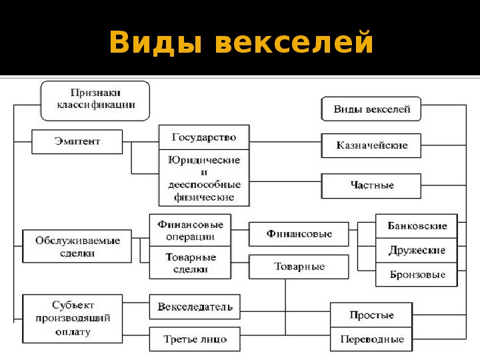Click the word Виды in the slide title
coord(155,43)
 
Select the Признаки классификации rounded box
coord(95,101)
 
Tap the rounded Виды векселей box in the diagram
coord(371,109)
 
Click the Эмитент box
coord(77,141)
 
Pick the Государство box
coord(204,137)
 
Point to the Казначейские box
coord(371,145)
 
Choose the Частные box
coord(371,186)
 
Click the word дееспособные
coord(204,185)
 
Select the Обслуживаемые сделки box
coord(77,247)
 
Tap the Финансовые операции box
coord(190,230)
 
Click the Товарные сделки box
coord(190,263)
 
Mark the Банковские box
coord(417,226)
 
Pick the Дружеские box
coord(417,251)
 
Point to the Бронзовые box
coord(417,275)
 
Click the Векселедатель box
coord(195,307)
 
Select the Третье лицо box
coord(195,339)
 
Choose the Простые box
coord(371,315)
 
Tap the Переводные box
coord(371,339)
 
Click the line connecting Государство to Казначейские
coord(285,142)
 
